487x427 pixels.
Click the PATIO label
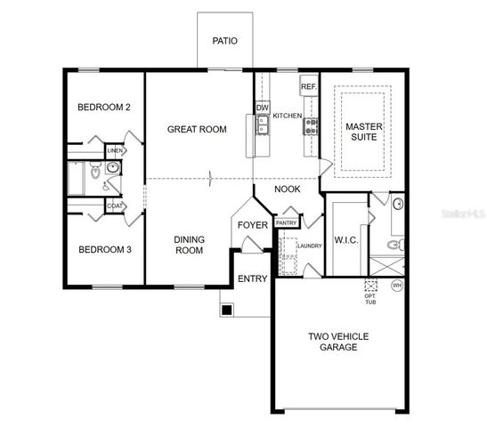pyautogui.click(x=224, y=41)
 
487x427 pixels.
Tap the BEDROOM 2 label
pyautogui.click(x=104, y=107)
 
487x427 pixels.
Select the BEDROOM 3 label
pyautogui.click(x=104, y=250)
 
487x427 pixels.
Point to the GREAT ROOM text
pyautogui.click(x=197, y=130)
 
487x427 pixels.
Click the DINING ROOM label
pyautogui.click(x=188, y=245)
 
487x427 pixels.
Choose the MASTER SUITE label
pyautogui.click(x=363, y=133)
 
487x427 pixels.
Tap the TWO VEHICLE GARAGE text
pyautogui.click(x=331, y=342)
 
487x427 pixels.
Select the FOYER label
pyautogui.click(x=252, y=226)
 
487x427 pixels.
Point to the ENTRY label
pyautogui.click(x=252, y=279)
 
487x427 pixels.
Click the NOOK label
pyautogui.click(x=287, y=189)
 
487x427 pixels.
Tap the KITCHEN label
pyautogui.click(x=288, y=117)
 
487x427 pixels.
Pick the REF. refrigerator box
pyautogui.click(x=309, y=87)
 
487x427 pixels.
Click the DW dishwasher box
pyautogui.click(x=262, y=108)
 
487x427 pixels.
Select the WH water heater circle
pyautogui.click(x=397, y=285)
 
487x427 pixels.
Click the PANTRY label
pyautogui.click(x=287, y=222)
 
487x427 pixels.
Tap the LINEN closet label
pyautogui.click(x=115, y=151)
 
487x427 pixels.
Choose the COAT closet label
pyautogui.click(x=115, y=205)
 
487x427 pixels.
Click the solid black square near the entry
pyautogui.click(x=227, y=310)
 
